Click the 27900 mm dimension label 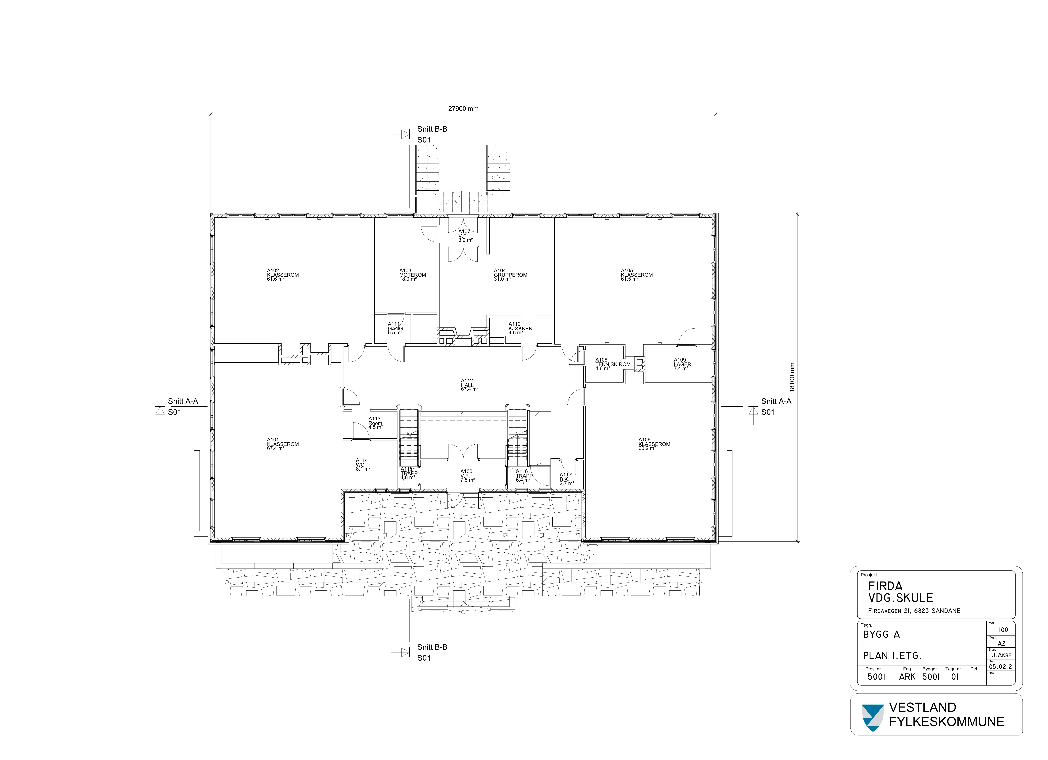coord(463,109)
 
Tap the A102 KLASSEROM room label coord(283,275)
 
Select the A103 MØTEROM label coord(413,275)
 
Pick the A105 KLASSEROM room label coord(637,275)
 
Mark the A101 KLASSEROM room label coord(283,444)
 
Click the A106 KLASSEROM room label coord(654,444)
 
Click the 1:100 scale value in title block coord(1001,630)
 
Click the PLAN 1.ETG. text coord(892,656)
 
